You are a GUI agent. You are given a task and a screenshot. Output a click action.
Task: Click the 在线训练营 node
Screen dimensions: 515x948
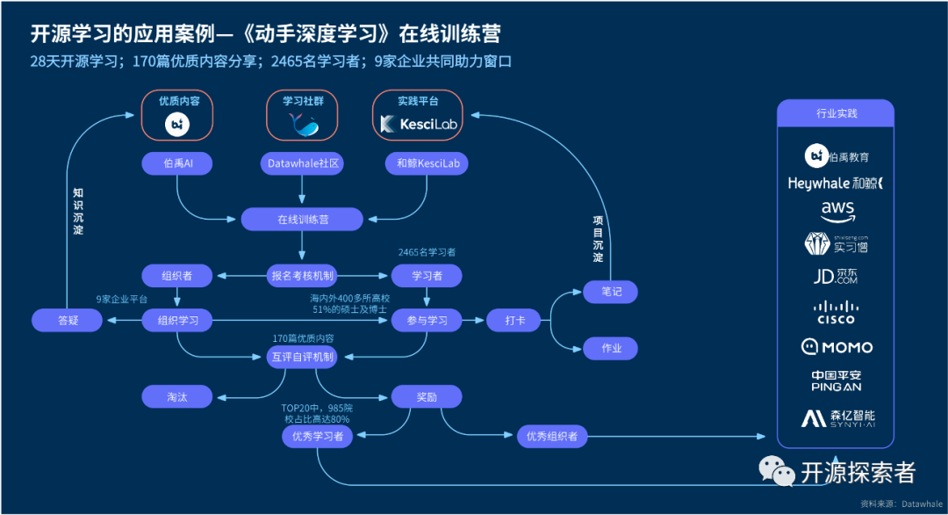click(302, 219)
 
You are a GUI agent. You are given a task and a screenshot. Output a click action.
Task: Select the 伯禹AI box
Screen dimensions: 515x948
click(177, 163)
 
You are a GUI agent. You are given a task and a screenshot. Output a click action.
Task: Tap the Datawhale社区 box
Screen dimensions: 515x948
click(302, 163)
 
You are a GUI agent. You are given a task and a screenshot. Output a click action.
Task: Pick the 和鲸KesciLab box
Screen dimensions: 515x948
click(427, 163)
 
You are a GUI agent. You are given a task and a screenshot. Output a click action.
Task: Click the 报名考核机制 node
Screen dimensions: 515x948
click(302, 276)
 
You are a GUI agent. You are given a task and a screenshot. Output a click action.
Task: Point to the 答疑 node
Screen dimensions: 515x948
click(68, 321)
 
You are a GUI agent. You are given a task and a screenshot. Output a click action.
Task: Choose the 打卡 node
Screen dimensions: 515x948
click(513, 321)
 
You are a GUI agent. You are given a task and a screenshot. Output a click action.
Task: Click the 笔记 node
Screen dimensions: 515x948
click(611, 292)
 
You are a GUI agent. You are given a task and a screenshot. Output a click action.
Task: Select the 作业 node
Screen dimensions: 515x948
click(611, 348)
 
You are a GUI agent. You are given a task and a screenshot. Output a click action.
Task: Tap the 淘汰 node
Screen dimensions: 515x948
click(177, 396)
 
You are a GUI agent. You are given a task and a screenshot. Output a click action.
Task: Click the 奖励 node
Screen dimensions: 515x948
click(427, 396)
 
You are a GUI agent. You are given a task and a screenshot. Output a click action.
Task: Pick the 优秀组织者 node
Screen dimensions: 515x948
click(552, 435)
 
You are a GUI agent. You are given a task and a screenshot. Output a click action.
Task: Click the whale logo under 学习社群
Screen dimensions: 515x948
click(303, 124)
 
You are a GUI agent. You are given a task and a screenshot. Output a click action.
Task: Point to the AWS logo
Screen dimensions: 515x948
click(837, 211)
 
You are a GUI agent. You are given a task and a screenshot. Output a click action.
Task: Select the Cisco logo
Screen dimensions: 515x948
click(836, 312)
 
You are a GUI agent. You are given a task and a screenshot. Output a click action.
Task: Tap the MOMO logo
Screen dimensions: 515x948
click(836, 347)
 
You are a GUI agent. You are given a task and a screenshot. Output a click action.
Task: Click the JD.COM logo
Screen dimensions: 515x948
click(836, 277)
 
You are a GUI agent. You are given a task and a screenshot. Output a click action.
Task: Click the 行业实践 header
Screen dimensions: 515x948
click(836, 113)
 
